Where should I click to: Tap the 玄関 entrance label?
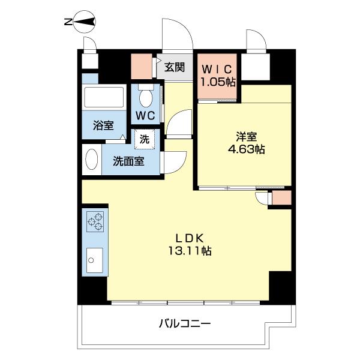click(x=175, y=67)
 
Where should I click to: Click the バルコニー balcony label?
click(x=184, y=324)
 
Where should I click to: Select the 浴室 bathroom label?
click(x=103, y=125)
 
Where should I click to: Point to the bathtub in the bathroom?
click(x=104, y=97)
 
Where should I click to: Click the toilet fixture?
click(x=146, y=95)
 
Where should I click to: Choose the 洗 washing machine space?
click(x=145, y=139)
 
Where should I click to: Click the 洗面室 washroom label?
click(x=130, y=161)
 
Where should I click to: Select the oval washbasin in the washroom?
click(x=91, y=160)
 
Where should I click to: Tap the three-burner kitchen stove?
click(x=95, y=223)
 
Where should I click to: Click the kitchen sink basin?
click(x=94, y=259)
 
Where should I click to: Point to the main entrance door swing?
click(x=177, y=36)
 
